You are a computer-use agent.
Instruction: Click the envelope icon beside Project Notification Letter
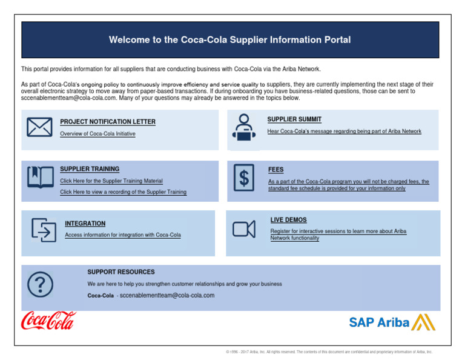(39, 127)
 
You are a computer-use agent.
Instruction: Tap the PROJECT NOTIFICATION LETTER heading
(108, 122)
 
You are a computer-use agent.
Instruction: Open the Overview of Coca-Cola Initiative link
(97, 134)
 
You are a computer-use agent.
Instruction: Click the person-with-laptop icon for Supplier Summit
(243, 127)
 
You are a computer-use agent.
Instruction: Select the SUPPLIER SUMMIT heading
(294, 119)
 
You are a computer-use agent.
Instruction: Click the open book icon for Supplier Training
(40, 177)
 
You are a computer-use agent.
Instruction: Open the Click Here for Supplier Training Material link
(111, 181)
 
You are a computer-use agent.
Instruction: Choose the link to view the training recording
(123, 192)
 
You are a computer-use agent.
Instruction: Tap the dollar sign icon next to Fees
(244, 178)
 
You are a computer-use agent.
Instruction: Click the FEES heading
(276, 170)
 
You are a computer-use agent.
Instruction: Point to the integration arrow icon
(44, 230)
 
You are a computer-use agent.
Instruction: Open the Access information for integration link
(122, 235)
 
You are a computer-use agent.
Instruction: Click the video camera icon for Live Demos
(244, 229)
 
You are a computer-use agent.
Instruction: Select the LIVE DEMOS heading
(288, 220)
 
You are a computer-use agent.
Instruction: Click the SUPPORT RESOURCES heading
(121, 272)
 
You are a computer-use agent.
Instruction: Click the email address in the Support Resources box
(167, 296)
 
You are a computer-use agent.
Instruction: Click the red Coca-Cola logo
(48, 321)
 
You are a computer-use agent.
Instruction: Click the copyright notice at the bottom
(328, 352)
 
